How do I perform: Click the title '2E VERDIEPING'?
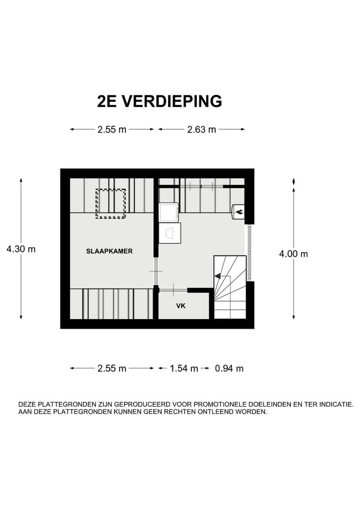[159, 101]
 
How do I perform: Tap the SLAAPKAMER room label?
[109, 251]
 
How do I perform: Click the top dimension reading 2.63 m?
[201, 129]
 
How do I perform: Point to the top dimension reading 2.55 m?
[112, 129]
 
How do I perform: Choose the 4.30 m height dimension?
[21, 249]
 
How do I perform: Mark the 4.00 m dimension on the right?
[293, 254]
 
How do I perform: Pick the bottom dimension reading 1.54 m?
[183, 368]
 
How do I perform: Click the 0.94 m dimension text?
[229, 368]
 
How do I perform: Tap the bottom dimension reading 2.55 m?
[112, 368]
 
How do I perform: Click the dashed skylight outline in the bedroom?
[110, 204]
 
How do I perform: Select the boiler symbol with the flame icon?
[239, 212]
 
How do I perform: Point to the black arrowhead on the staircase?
[217, 276]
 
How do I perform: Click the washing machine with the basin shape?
[170, 233]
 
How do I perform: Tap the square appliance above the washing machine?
[169, 212]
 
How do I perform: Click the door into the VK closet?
[173, 290]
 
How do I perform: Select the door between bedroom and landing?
[156, 271]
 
